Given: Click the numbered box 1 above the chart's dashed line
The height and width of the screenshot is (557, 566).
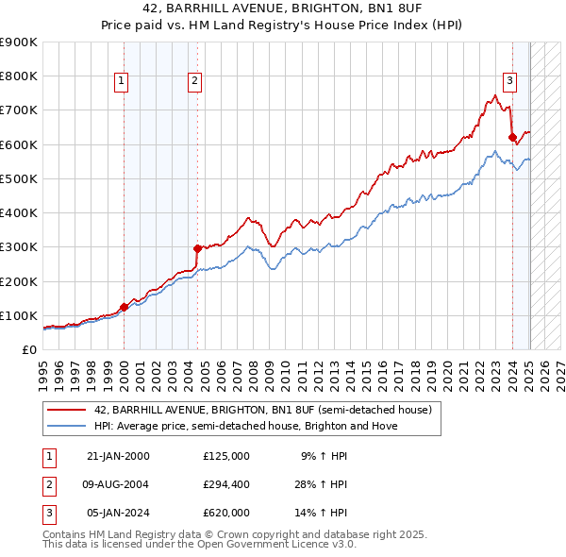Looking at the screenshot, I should click(123, 82).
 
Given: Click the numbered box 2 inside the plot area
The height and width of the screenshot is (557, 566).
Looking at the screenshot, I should click(194, 82).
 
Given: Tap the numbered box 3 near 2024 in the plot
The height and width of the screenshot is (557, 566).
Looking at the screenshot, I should click(508, 81).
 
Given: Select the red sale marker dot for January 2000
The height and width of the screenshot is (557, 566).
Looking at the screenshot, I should click(125, 306).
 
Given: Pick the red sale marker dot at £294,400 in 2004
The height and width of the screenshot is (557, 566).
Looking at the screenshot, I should click(198, 249).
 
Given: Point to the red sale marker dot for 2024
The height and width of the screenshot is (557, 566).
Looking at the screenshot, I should click(512, 138).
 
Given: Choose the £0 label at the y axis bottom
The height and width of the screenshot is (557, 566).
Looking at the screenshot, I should click(28, 349).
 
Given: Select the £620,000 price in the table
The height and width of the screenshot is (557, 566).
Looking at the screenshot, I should click(226, 513).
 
